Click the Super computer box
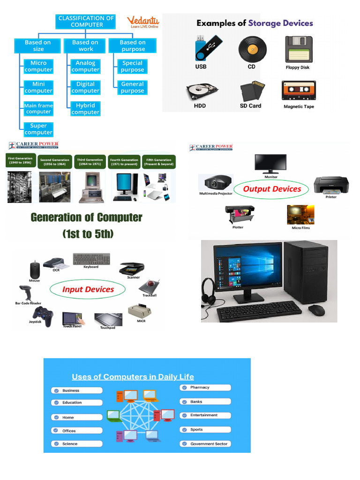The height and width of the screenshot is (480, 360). coord(38,129)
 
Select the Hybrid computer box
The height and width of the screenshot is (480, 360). coord(85,109)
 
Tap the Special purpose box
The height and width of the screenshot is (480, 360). coord(133,66)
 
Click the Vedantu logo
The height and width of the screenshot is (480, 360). coord(143,22)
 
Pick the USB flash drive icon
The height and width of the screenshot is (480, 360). coord(201,47)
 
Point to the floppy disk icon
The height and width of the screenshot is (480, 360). coord(298,49)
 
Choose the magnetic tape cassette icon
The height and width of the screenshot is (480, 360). coord(298,90)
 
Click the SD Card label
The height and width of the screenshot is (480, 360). coord(250,106)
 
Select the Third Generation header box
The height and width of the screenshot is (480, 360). coord(90,162)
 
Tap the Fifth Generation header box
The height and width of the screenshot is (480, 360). coord(160,162)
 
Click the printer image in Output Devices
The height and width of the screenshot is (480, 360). coord(331,185)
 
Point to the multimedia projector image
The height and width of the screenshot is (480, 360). coord(215,182)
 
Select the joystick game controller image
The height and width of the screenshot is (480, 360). coord(43,316)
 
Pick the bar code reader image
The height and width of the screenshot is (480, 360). coord(24,293)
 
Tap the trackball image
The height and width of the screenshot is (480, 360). coord(152,286)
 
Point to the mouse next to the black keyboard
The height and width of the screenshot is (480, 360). coord(316,310)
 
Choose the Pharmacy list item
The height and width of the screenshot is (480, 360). coord(205,388)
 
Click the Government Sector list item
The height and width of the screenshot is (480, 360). coord(205,444)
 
